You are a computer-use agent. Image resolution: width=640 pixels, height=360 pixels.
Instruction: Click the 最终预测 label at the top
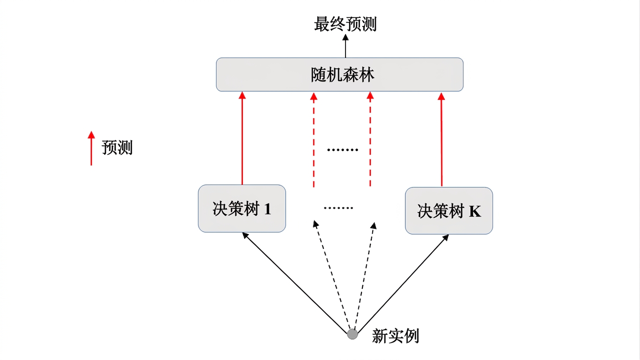(346, 24)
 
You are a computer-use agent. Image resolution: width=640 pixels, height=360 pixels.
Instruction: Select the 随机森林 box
(340, 75)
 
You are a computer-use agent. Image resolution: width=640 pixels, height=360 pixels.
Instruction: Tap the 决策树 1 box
(242, 209)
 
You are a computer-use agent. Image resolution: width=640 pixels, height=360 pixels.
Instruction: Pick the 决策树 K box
(449, 211)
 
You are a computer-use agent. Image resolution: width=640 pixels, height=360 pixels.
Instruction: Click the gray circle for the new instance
(353, 334)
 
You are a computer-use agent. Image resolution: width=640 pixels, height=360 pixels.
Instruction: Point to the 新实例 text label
(395, 336)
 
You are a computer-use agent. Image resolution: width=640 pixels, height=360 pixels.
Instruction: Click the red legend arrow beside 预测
(91, 148)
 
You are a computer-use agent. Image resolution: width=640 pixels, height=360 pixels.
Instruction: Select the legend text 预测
(117, 148)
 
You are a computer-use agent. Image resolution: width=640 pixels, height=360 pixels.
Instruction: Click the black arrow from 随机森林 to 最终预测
(346, 46)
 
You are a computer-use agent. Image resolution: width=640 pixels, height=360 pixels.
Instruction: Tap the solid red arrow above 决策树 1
(242, 138)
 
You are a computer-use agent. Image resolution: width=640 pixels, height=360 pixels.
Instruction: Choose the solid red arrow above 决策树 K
(441, 139)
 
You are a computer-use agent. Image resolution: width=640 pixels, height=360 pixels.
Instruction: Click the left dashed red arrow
(314, 140)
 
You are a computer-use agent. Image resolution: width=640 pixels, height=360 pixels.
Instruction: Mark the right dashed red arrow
(370, 139)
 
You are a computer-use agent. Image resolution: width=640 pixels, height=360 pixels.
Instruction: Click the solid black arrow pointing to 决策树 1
(294, 283)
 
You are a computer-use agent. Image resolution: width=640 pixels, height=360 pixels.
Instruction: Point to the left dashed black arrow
(332, 275)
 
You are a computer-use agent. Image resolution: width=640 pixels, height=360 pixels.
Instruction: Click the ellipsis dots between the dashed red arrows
(343, 150)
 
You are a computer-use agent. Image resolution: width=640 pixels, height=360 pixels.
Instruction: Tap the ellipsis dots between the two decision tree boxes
(339, 208)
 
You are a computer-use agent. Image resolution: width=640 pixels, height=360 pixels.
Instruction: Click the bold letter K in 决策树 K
(475, 211)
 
